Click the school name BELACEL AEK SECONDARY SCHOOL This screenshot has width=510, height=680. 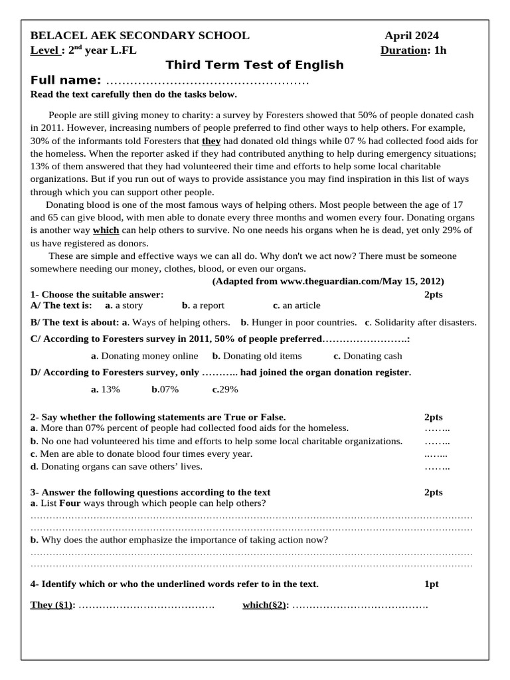click(x=140, y=36)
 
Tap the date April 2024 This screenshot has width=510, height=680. click(x=412, y=36)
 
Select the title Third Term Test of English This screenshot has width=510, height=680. click(x=254, y=65)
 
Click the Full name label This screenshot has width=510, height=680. click(x=66, y=80)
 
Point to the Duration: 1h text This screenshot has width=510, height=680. click(x=414, y=50)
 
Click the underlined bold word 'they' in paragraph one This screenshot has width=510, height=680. click(x=211, y=141)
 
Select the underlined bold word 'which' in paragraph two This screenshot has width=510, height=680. click(x=106, y=230)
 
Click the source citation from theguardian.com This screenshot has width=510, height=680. click(x=328, y=281)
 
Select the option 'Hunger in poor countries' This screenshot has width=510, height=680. click(x=299, y=322)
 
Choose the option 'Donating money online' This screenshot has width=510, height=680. click(x=144, y=356)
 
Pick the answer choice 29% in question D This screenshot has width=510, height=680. click(x=225, y=389)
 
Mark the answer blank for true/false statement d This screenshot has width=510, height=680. click(x=437, y=467)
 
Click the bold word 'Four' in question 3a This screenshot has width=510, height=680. click(x=70, y=503)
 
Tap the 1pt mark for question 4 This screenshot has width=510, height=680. click(x=431, y=584)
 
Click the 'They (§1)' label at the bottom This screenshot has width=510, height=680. click(x=52, y=605)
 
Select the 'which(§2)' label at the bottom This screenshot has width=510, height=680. click(x=265, y=605)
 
